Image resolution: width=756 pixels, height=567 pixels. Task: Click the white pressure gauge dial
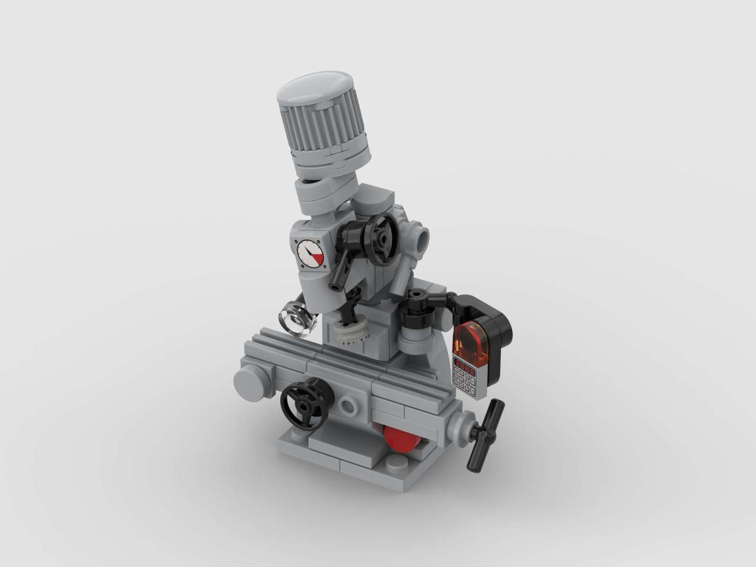[310, 253]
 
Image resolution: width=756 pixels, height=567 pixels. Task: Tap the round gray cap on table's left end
[250, 383]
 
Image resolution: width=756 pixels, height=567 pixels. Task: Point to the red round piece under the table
[402, 438]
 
